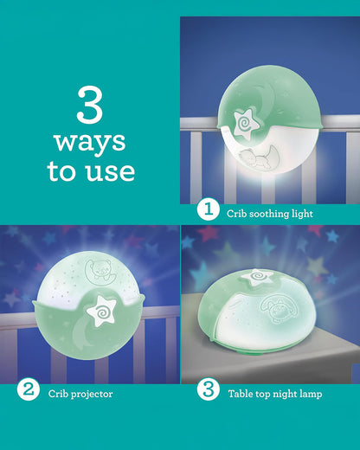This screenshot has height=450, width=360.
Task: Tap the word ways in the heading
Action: (x=90, y=141)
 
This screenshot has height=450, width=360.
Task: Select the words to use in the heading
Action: (x=91, y=170)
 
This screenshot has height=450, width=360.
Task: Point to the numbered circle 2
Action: (x=29, y=391)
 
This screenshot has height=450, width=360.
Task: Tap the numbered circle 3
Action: (x=208, y=391)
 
